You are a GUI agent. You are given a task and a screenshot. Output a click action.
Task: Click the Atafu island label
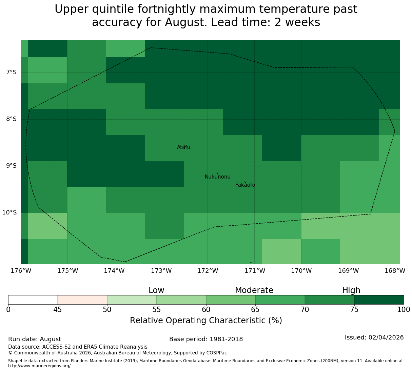coord(183,147)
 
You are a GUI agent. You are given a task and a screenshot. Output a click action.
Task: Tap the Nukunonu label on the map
coord(217,177)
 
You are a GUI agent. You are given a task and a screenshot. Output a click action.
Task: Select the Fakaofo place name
coord(245,185)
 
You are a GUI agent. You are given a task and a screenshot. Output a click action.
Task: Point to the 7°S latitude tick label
coord(11,72)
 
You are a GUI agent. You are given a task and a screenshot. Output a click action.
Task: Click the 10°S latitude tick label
coord(9,212)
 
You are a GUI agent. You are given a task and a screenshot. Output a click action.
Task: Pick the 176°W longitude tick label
coord(21,271)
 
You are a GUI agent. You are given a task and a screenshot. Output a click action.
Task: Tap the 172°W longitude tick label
coord(208,271)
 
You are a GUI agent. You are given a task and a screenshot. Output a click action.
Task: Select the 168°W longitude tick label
coord(395,271)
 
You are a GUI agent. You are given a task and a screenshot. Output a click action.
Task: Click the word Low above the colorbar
coord(156,290)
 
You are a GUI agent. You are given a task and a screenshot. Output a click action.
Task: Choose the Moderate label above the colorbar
coord(254,290)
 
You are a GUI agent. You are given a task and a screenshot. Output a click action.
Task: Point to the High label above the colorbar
coord(351,290)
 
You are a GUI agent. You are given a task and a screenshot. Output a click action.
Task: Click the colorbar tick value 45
coord(58,309)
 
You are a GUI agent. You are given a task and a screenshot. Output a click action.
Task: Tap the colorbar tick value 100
coord(404,309)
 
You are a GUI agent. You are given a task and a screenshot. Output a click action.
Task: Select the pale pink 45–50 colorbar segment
coord(82,300)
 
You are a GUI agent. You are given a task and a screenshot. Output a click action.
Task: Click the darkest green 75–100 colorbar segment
coord(379,300)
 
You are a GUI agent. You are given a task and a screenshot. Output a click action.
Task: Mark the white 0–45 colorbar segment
coord(33,300)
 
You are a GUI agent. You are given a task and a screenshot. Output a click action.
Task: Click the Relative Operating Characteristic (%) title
coord(206,321)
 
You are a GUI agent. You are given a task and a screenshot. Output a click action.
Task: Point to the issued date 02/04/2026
coord(386,337)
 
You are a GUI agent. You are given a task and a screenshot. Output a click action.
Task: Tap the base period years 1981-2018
coord(226,339)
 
